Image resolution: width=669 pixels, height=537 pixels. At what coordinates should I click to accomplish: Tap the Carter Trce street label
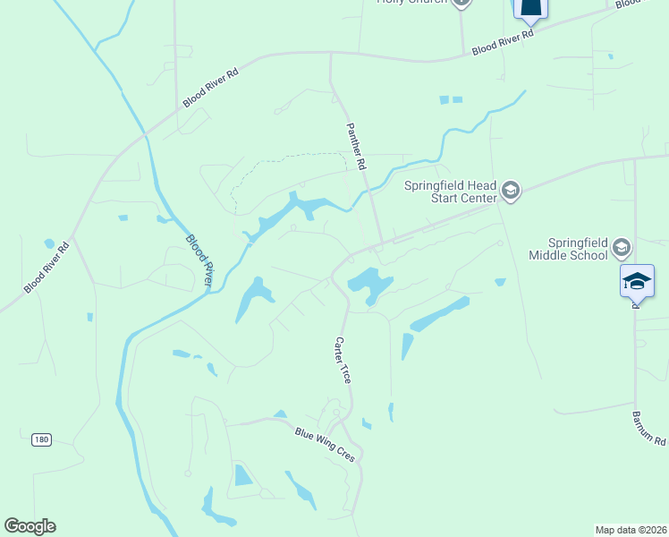point(343,360)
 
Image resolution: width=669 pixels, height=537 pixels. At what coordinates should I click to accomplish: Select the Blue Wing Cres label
point(326,444)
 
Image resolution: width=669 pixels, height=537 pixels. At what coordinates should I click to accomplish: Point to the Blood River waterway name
point(199,260)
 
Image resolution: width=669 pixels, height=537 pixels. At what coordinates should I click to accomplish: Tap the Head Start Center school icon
point(511,190)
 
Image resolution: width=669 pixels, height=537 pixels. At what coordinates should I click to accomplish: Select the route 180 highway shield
point(41,439)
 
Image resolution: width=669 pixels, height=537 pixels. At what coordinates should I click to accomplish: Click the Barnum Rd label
point(648,429)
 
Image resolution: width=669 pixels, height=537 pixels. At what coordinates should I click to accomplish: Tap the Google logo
point(30,525)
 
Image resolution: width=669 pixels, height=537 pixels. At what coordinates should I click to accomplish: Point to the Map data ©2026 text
point(631,530)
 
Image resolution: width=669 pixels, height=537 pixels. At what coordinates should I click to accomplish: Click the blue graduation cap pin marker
point(637,280)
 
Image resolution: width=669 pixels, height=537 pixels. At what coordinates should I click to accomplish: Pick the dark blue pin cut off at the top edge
point(530,9)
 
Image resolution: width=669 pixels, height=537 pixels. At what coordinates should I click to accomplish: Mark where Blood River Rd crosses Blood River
point(144,136)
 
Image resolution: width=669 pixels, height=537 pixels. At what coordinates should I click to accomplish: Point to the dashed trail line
point(268,163)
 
